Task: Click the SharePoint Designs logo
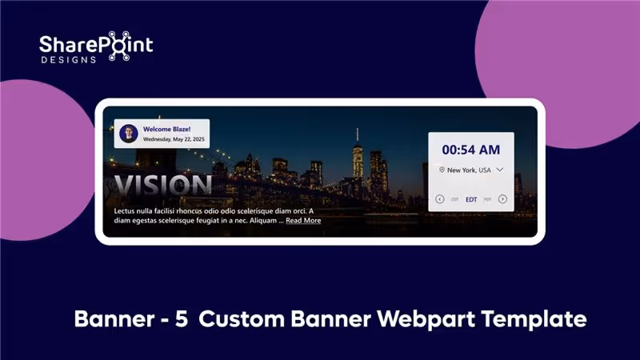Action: [x=96, y=49]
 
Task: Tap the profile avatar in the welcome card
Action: [x=128, y=134]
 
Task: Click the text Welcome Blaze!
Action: [x=166, y=128]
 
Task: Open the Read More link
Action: [x=303, y=221]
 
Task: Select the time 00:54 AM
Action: [x=470, y=150]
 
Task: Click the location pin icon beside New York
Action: [x=442, y=170]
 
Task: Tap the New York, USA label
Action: [x=469, y=170]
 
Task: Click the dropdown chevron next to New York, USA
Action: [x=500, y=170]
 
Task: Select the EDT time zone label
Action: [x=471, y=199]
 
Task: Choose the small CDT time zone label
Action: [x=454, y=199]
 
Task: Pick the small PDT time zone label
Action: [x=487, y=199]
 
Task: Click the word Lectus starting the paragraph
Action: [x=127, y=211]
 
